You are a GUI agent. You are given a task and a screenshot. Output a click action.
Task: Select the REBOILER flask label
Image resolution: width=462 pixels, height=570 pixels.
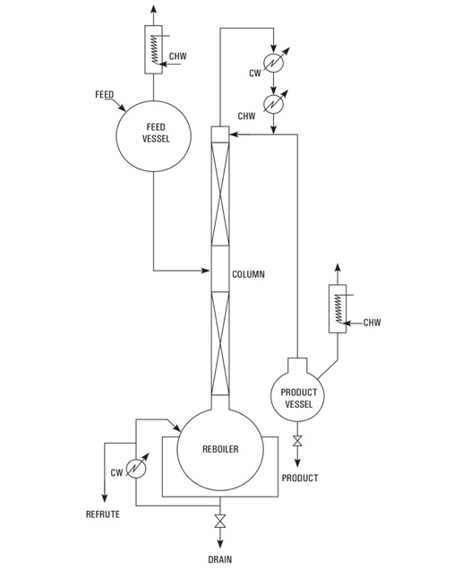[x=220, y=449]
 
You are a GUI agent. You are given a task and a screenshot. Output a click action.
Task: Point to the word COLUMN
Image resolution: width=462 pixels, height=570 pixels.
[x=248, y=274]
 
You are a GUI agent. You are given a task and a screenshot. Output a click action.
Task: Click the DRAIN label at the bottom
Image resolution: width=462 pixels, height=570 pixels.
[x=220, y=559]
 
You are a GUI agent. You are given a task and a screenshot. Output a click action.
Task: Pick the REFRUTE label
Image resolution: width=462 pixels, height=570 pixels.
[x=103, y=514]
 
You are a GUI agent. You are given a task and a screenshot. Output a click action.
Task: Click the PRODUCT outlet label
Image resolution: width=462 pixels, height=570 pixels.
[x=300, y=478]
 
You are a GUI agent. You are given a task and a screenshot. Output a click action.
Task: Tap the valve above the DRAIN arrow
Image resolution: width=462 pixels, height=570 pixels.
[x=219, y=521]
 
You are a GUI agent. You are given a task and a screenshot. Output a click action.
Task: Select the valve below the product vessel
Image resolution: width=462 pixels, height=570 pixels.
[x=297, y=441]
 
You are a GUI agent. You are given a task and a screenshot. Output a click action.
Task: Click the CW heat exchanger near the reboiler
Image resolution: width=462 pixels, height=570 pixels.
[x=136, y=469]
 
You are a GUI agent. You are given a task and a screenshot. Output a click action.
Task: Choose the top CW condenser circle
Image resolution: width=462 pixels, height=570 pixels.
[x=274, y=63]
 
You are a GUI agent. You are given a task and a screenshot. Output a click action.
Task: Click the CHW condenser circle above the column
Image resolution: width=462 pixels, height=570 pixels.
[x=274, y=105]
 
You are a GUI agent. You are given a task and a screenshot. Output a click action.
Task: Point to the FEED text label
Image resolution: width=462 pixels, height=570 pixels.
[x=104, y=94]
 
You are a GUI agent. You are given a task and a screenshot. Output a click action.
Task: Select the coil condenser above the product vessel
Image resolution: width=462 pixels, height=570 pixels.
[x=338, y=308]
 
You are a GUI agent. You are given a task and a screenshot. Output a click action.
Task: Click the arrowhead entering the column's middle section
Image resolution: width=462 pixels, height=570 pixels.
[x=207, y=271]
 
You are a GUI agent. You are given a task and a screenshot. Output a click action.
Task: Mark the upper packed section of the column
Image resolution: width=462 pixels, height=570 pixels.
[x=220, y=194]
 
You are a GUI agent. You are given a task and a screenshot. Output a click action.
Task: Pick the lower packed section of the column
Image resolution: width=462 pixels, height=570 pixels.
[x=220, y=343]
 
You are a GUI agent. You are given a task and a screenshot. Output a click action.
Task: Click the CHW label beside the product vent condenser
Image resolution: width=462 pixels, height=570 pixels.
[x=372, y=323]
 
